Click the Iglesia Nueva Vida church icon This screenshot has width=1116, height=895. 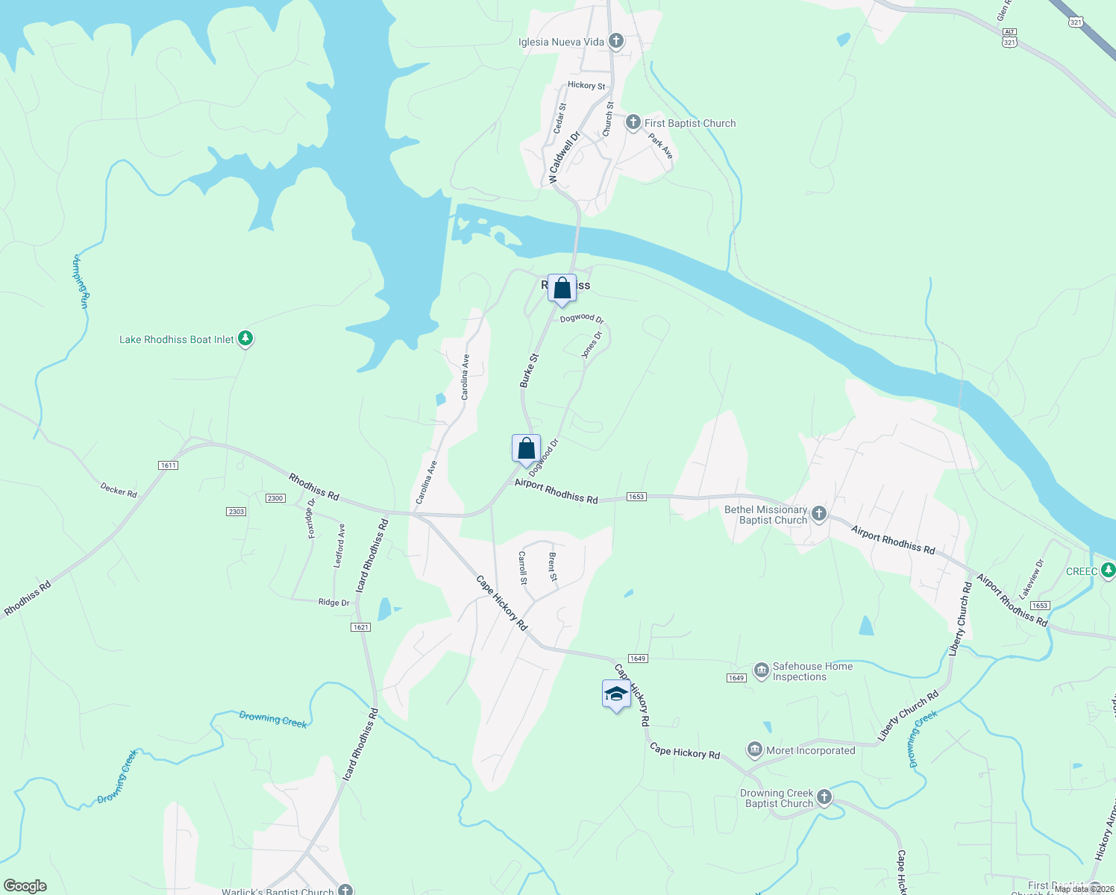click(615, 41)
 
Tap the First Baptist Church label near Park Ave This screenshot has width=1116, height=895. click(689, 123)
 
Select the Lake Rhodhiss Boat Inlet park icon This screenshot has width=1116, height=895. click(245, 339)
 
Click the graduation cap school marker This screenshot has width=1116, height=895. click(616, 694)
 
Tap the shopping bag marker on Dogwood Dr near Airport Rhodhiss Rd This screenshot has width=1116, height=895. click(526, 449)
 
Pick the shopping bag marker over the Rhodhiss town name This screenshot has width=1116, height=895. click(562, 289)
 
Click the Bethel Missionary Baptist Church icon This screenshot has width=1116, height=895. click(819, 513)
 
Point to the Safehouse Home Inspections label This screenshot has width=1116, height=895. click(812, 671)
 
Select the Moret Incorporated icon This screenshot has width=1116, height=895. click(754, 749)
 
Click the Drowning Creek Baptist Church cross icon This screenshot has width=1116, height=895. click(824, 797)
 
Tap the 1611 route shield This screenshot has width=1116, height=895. click(168, 465)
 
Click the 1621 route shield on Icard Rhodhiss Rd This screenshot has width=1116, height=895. click(360, 627)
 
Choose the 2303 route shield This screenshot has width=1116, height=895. click(236, 511)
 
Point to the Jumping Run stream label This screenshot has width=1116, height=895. click(81, 281)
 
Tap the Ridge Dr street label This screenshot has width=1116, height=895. click(333, 603)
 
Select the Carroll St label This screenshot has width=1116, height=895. click(522, 568)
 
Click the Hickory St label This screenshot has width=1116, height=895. click(586, 85)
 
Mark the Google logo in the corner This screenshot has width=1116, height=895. click(25, 886)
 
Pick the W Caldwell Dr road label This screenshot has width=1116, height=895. click(563, 158)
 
